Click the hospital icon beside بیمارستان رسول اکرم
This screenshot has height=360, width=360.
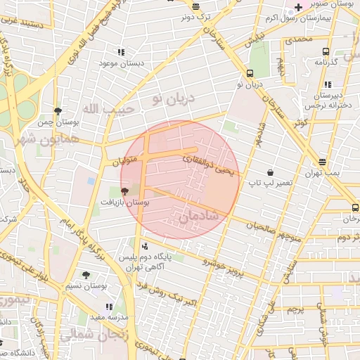[x=299, y=7]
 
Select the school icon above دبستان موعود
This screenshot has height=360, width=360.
[x=121, y=52]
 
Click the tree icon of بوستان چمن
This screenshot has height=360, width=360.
[x=58, y=111]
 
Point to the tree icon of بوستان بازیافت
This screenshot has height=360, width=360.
[x=125, y=191]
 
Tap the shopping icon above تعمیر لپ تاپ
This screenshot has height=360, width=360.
[x=271, y=172]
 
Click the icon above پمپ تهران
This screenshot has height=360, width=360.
[x=322, y=162]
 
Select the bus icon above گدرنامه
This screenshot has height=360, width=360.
[x=326, y=51]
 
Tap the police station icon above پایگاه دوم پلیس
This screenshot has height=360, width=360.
[x=145, y=246]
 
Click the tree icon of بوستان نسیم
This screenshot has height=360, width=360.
[x=86, y=275]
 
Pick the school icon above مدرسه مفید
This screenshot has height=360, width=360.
[x=109, y=307]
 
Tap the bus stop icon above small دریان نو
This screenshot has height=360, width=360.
[x=250, y=73]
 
